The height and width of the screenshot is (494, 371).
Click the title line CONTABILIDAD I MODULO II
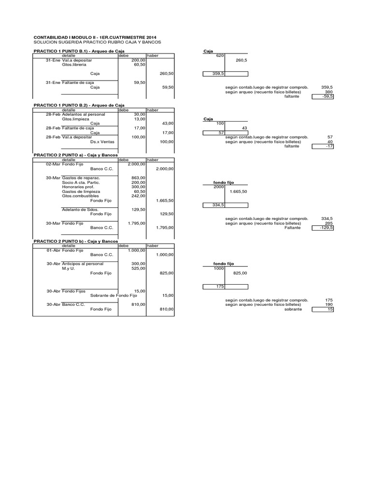coord(94,37)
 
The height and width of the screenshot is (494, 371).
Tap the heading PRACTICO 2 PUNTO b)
coord(75,241)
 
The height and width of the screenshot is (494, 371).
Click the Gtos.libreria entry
coord(73,64)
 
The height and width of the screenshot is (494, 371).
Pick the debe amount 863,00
coord(139,178)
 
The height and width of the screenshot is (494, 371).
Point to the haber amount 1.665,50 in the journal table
coord(165,200)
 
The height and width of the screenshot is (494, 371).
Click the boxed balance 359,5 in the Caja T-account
coord(213,74)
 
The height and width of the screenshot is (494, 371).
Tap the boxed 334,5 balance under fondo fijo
coord(213,205)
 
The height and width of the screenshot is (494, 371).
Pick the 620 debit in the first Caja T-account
coord(220,55)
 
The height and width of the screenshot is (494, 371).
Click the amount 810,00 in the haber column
coord(166,309)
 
